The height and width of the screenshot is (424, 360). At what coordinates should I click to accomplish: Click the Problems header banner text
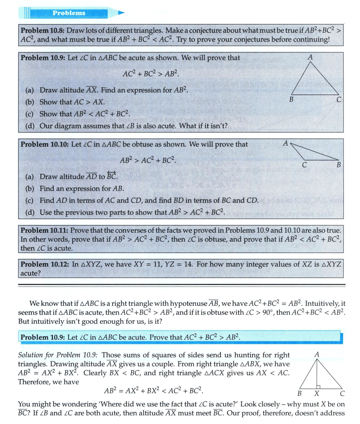tap(69, 13)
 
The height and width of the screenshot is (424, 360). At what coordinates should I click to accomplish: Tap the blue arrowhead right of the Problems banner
tap(121, 13)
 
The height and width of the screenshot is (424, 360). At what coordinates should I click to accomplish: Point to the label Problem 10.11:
tap(44, 230)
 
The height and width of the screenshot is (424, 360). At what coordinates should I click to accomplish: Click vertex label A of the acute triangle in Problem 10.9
tap(310, 57)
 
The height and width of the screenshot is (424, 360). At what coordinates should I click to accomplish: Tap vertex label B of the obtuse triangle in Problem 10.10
tap(339, 165)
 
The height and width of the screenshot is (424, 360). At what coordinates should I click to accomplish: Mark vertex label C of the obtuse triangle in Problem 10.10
tap(305, 165)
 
